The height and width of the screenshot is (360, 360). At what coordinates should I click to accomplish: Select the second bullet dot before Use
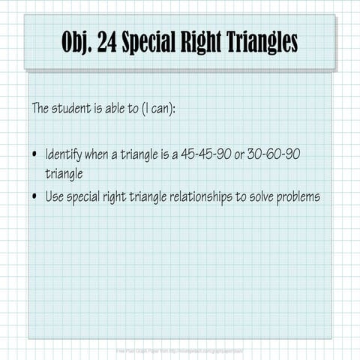tap(35, 197)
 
